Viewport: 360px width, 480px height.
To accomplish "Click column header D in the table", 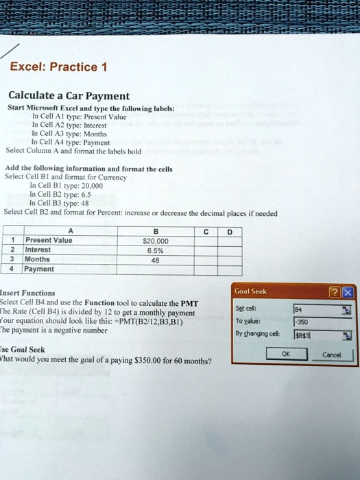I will [x=230, y=231].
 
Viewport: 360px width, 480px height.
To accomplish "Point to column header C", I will [x=205, y=231].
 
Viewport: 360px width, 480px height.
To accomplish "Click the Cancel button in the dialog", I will [x=331, y=355].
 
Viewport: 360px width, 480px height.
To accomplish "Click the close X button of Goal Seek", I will [x=347, y=293].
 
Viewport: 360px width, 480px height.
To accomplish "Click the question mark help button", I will [x=335, y=293].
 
